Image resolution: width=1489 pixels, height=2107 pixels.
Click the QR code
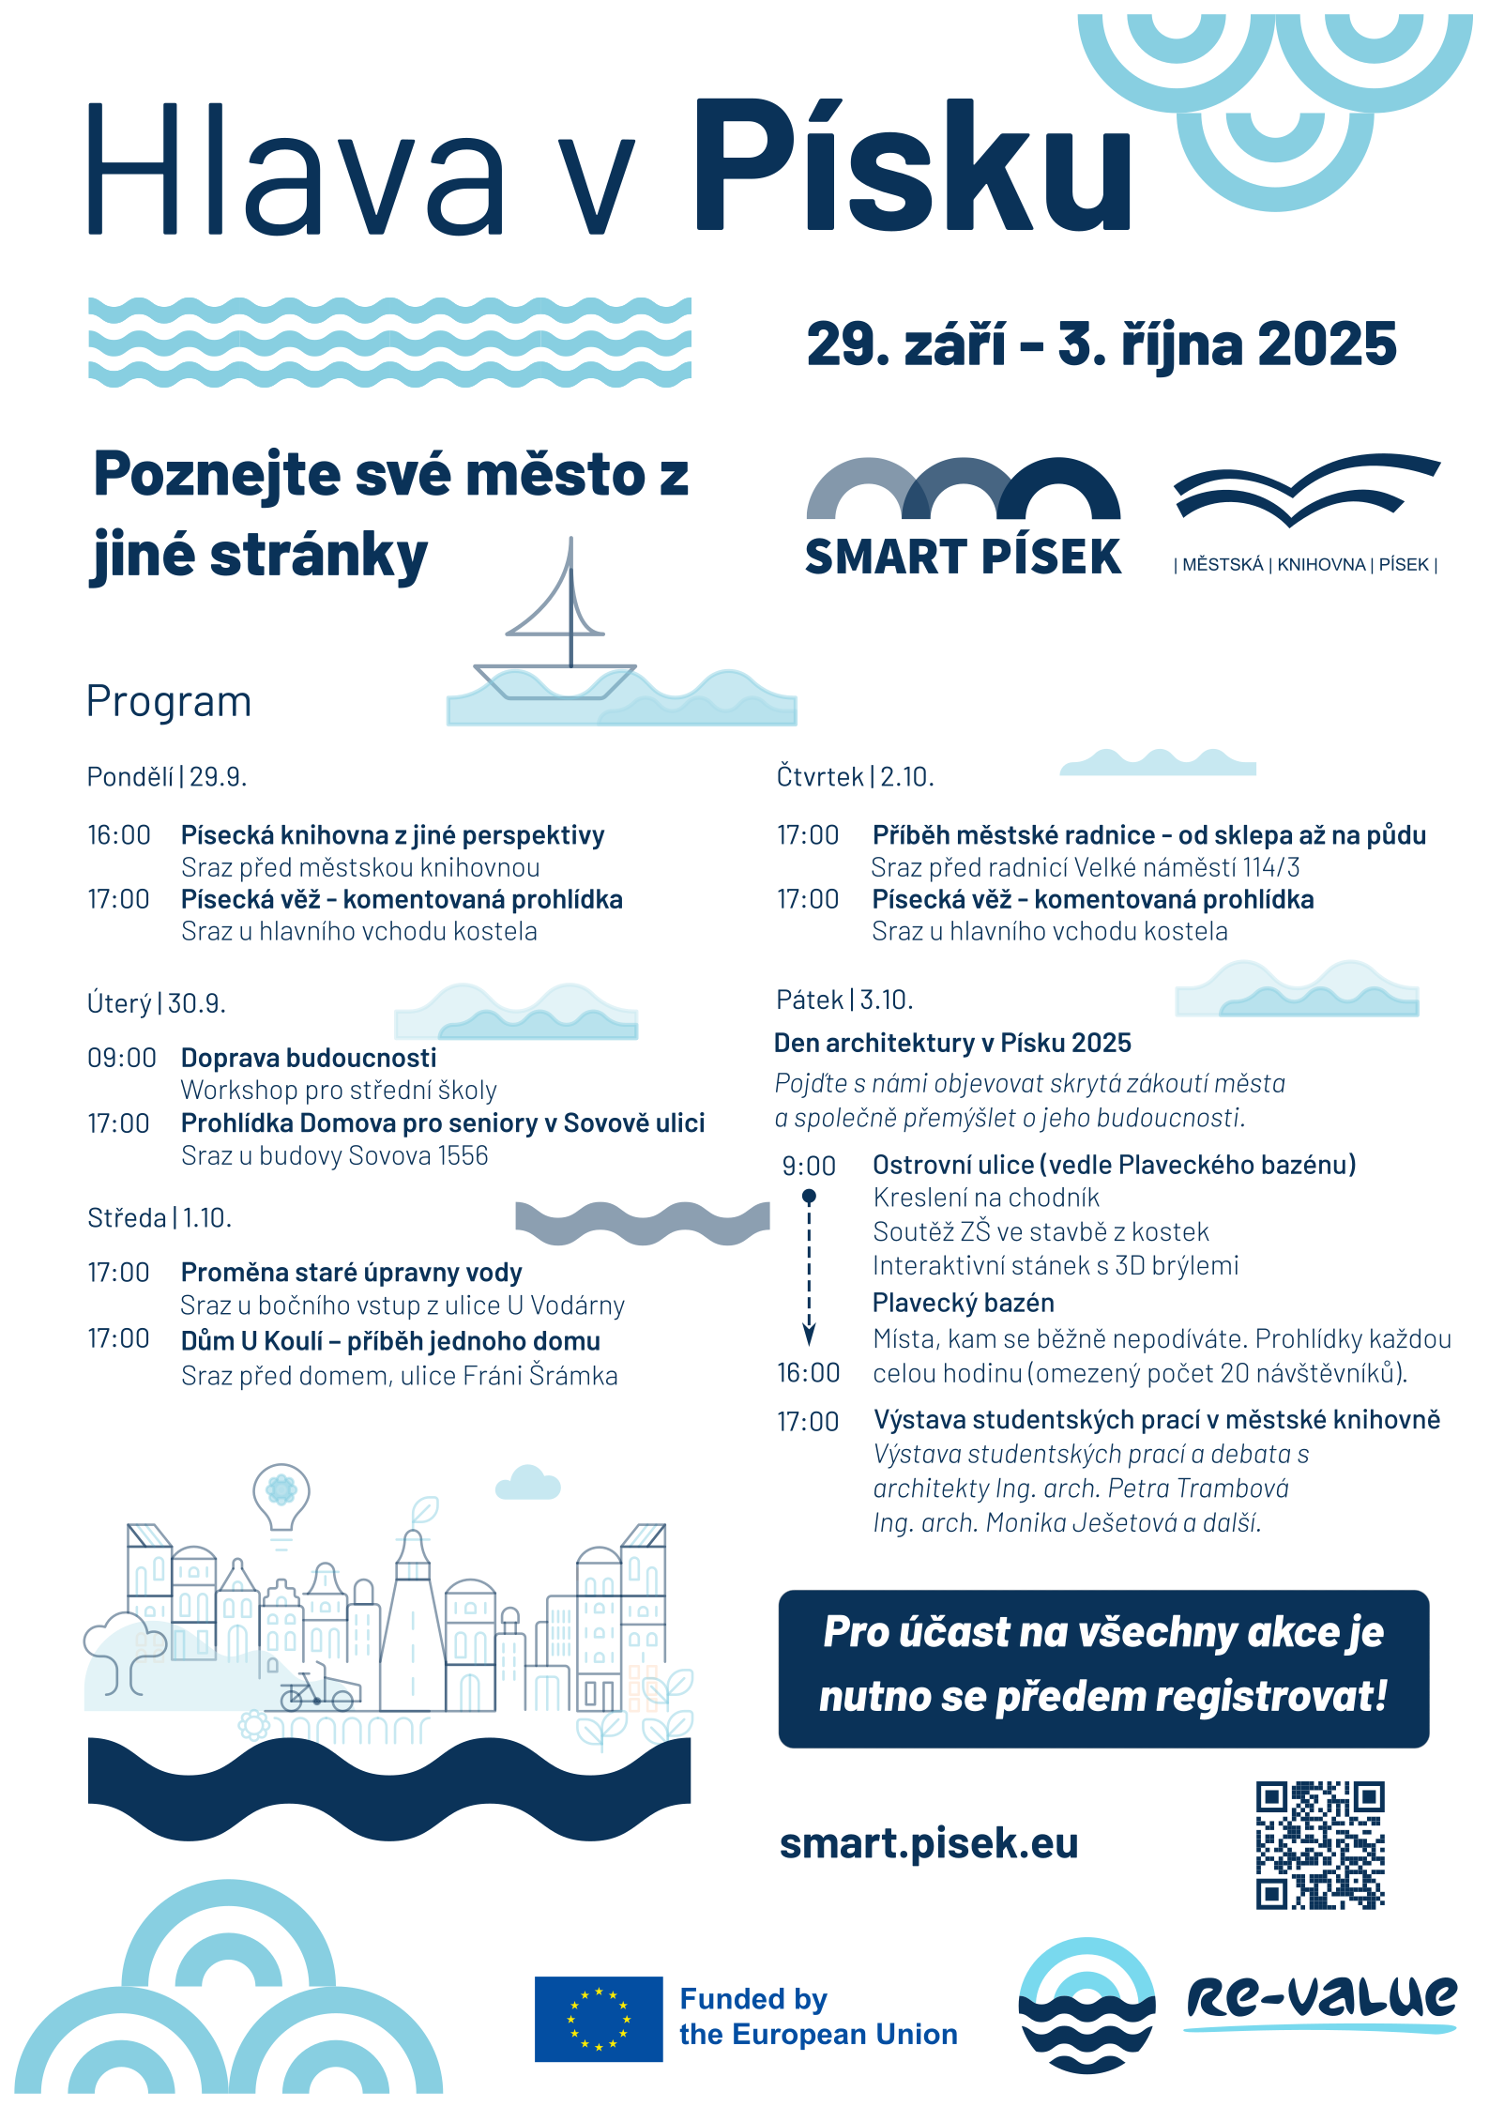(1320, 1844)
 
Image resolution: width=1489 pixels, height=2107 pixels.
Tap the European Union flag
(599, 2018)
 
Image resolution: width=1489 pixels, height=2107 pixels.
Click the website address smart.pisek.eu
(929, 1843)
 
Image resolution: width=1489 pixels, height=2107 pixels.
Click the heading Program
(169, 702)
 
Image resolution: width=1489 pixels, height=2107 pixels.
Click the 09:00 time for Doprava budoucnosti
(122, 1058)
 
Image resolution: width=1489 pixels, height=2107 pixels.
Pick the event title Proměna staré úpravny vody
(351, 1273)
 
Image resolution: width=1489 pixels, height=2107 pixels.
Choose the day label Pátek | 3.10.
(844, 1000)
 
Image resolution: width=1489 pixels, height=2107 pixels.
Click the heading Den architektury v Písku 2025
(952, 1043)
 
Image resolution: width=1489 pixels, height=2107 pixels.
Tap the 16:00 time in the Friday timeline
(808, 1373)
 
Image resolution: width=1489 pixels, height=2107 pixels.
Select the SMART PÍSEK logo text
(963, 557)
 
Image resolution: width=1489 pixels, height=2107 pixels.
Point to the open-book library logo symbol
(1306, 488)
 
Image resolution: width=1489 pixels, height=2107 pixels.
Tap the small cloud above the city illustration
(528, 1484)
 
